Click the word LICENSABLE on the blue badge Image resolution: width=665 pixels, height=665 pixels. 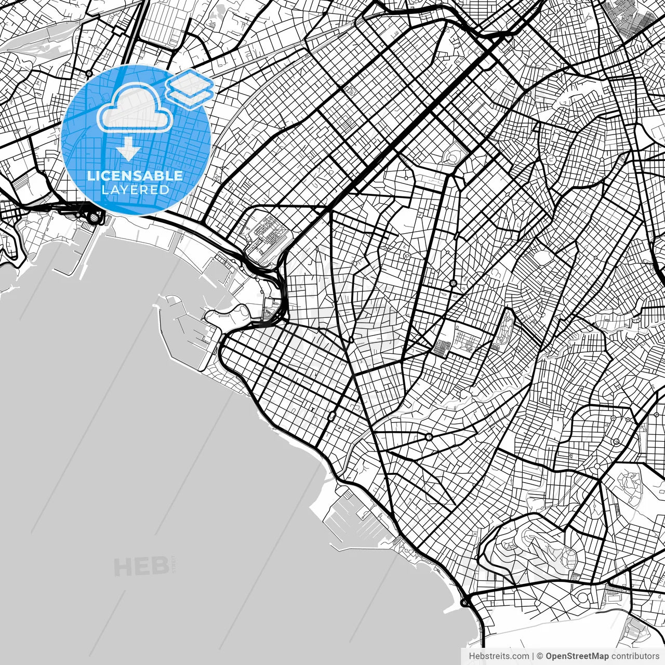tap(135, 176)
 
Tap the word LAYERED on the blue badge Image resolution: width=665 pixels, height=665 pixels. tap(135, 190)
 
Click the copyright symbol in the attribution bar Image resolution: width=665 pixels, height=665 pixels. tap(540, 656)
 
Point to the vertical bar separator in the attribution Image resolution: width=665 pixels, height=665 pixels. tap(533, 656)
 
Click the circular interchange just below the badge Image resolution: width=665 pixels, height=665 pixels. tap(93, 217)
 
